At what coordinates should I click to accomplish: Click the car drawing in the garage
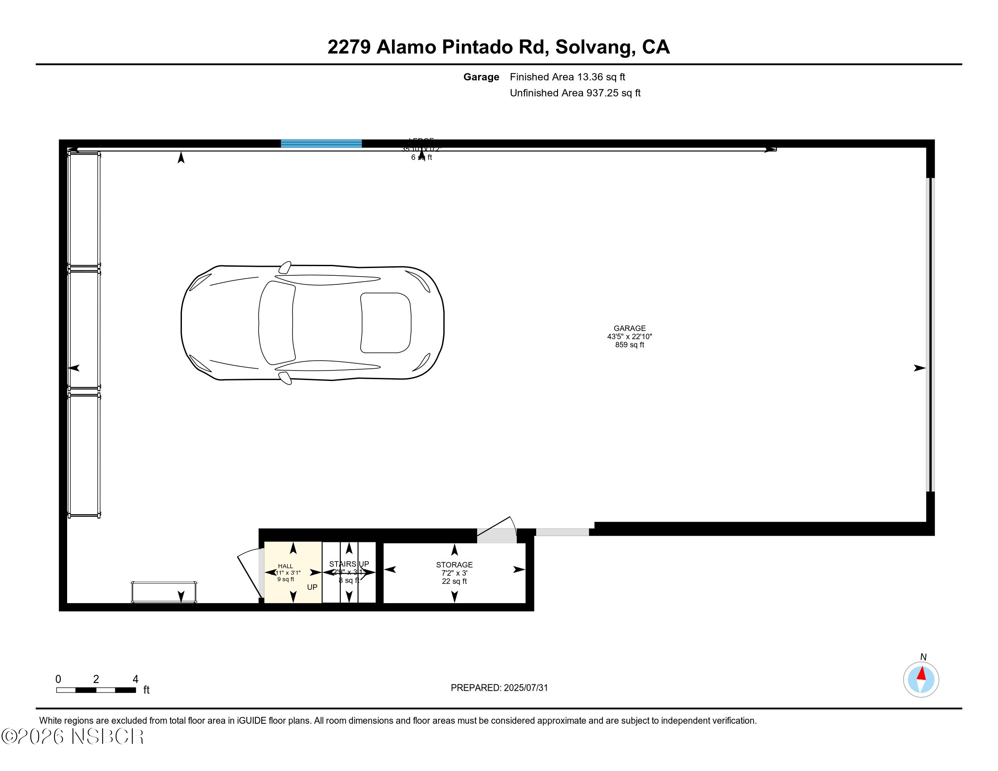pos(313,323)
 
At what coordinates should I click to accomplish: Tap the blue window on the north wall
pos(321,143)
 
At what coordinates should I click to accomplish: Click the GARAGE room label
pos(629,328)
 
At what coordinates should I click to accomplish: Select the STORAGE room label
pos(454,565)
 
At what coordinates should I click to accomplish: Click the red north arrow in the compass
pos(922,673)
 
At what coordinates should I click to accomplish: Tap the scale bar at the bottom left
pos(96,690)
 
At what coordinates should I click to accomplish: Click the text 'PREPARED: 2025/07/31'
pos(499,688)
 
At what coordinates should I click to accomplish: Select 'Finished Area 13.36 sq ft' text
pos(567,77)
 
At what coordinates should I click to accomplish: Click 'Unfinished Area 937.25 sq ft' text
pos(575,93)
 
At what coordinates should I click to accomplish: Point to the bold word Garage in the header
pos(481,77)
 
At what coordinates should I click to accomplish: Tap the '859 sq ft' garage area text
pos(629,345)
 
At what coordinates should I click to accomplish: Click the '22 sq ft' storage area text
pos(454,581)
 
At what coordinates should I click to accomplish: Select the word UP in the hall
pos(312,587)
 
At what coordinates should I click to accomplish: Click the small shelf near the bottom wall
pos(164,592)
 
